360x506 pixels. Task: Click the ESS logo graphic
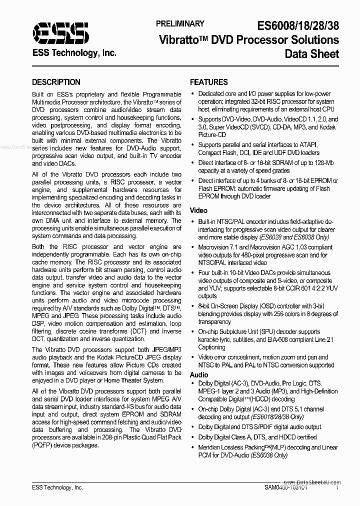[x=60, y=33]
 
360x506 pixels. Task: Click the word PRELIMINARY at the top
[x=179, y=23]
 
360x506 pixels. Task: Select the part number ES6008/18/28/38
[x=297, y=24]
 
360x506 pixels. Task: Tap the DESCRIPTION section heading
[x=56, y=82]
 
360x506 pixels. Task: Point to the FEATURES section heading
[x=209, y=82]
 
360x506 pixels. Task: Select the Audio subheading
[x=199, y=374]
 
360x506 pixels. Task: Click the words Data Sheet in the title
[x=312, y=54]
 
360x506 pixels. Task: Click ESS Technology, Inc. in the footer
[x=57, y=487]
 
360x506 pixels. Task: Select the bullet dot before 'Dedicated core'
[x=193, y=93]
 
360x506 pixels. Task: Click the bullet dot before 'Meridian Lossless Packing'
[x=193, y=447]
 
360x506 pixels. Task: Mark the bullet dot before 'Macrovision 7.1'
[x=193, y=247]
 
